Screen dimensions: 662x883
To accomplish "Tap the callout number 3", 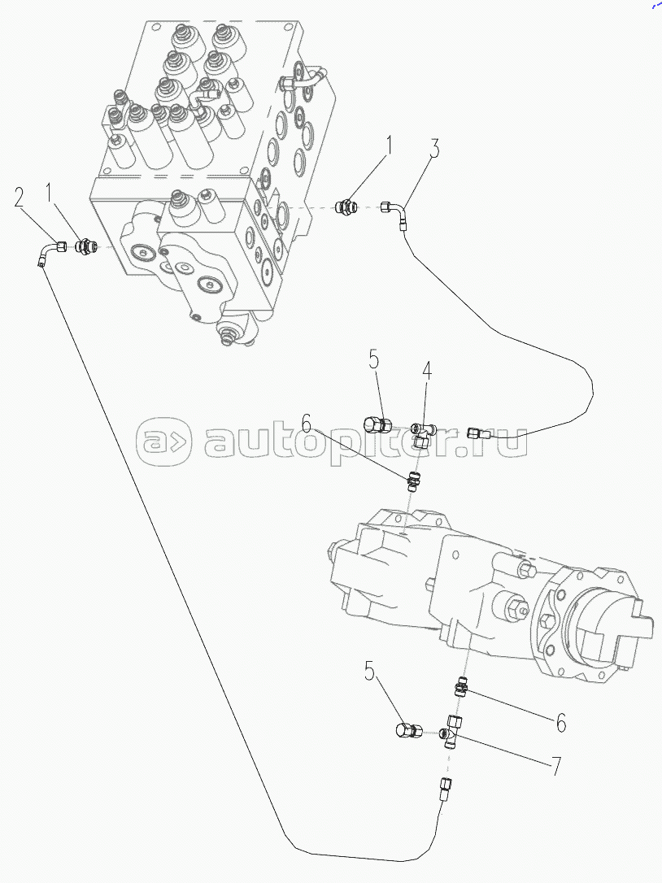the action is tap(433, 147).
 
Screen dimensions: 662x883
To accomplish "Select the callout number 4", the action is tap(428, 371).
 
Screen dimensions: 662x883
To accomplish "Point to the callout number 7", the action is tap(556, 767).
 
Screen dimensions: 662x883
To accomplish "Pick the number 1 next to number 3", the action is tap(388, 146).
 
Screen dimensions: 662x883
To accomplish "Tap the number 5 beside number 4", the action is tap(375, 359).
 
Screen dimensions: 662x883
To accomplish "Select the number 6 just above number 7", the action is tap(561, 723).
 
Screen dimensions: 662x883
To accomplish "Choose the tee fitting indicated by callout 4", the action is tap(422, 434).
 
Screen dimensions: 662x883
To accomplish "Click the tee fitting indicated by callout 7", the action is tap(451, 732).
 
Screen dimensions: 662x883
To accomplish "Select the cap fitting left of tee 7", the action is tap(409, 730).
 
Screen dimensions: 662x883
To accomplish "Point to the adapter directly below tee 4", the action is tap(412, 483).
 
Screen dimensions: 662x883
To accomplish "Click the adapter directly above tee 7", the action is tap(461, 688).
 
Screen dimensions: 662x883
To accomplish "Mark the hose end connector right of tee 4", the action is tap(477, 433).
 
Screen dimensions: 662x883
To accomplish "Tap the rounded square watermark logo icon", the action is tap(163, 442).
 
